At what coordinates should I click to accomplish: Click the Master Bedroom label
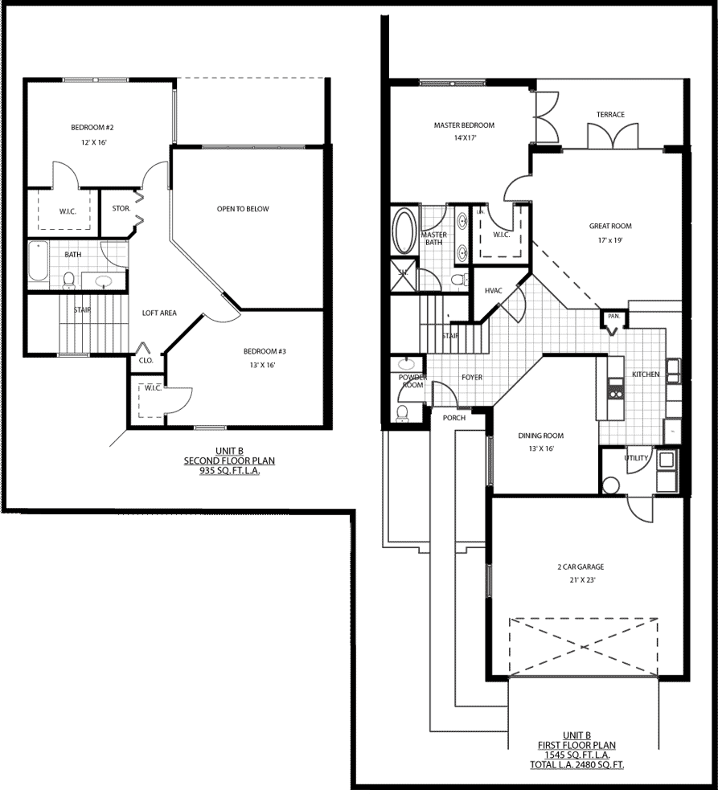(x=464, y=125)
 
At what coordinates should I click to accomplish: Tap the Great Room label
(x=610, y=226)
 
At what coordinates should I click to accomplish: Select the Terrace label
(x=610, y=114)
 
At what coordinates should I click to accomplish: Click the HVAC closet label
(x=493, y=291)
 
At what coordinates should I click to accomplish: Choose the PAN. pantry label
(x=613, y=316)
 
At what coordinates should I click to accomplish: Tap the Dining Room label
(x=540, y=436)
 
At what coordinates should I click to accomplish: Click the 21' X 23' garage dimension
(x=582, y=580)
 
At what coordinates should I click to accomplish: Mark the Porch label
(x=454, y=418)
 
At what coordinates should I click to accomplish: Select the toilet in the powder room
(x=402, y=413)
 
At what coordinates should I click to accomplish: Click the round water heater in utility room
(x=610, y=485)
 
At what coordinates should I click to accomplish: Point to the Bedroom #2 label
(x=92, y=128)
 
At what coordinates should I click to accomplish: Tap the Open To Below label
(x=243, y=209)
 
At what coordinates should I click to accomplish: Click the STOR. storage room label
(x=121, y=208)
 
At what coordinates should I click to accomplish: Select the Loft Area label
(x=159, y=313)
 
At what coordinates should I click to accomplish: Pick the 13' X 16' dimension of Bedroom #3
(x=262, y=365)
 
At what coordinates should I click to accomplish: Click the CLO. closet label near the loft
(x=146, y=361)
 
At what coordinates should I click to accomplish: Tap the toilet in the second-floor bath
(x=69, y=280)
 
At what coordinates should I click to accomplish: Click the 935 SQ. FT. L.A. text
(x=229, y=471)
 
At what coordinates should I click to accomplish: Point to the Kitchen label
(x=646, y=374)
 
